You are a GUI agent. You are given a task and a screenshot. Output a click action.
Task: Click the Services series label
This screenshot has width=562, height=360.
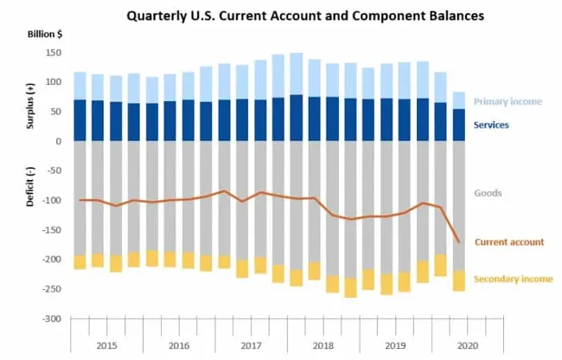coord(502,125)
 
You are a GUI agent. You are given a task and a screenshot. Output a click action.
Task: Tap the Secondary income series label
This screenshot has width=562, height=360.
coord(513,279)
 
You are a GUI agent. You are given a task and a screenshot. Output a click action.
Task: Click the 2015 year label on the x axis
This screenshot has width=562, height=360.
coord(107,345)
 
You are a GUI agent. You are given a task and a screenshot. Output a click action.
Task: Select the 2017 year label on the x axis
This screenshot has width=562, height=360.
coord(251,345)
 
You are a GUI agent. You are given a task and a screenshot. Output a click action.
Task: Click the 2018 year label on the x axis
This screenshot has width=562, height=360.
coord(323,345)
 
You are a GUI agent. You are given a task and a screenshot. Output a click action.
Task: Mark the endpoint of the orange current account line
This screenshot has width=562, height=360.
coord(458,242)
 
